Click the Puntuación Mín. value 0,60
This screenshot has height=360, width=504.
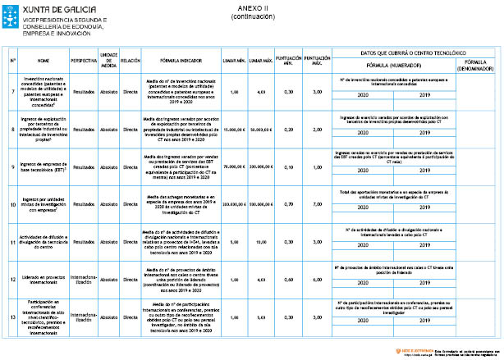point(288,280)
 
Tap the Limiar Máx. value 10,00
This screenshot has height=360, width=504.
point(262,243)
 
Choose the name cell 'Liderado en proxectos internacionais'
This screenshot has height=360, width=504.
point(44,280)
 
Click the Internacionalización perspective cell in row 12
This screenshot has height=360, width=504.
point(84,280)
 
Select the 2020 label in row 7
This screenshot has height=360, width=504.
point(364,96)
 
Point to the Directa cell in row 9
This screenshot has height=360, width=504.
point(130,166)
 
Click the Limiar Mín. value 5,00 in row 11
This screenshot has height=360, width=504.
point(235,243)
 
